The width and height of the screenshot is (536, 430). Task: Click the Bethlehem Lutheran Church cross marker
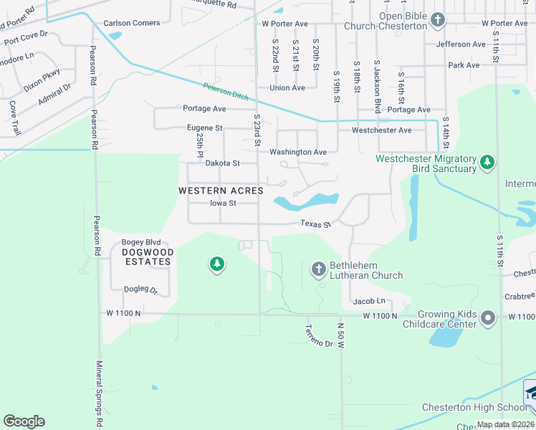[319, 269]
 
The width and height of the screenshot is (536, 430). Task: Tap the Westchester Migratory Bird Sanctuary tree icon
[487, 162]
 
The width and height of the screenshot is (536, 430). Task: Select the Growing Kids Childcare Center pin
[489, 317]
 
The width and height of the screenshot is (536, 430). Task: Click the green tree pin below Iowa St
[216, 265]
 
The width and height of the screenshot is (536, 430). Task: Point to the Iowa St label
[223, 203]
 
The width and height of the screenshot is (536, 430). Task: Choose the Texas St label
[315, 224]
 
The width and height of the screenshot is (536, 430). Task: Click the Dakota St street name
[222, 163]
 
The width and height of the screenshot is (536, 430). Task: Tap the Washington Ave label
[297, 152]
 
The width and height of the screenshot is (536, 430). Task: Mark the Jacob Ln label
[371, 300]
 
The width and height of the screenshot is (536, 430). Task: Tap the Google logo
[24, 421]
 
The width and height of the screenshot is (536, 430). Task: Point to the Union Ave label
[287, 88]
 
